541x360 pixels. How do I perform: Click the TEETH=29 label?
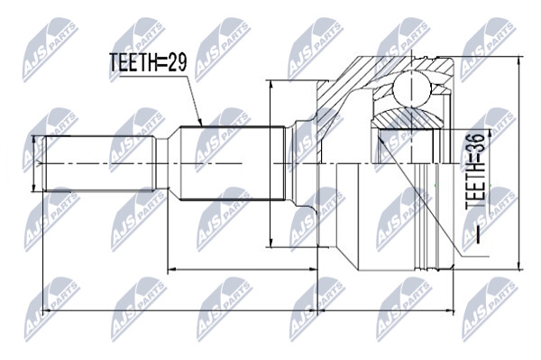pyautogui.click(x=148, y=63)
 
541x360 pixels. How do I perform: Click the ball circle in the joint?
pyautogui.click(x=412, y=88)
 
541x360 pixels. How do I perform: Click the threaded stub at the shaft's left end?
pyautogui.click(x=98, y=163)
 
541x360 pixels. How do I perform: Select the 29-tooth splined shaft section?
pyautogui.click(x=233, y=163)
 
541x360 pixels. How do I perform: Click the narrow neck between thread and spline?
pyautogui.click(x=162, y=163)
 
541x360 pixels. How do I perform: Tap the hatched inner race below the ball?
pyautogui.click(x=407, y=118)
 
